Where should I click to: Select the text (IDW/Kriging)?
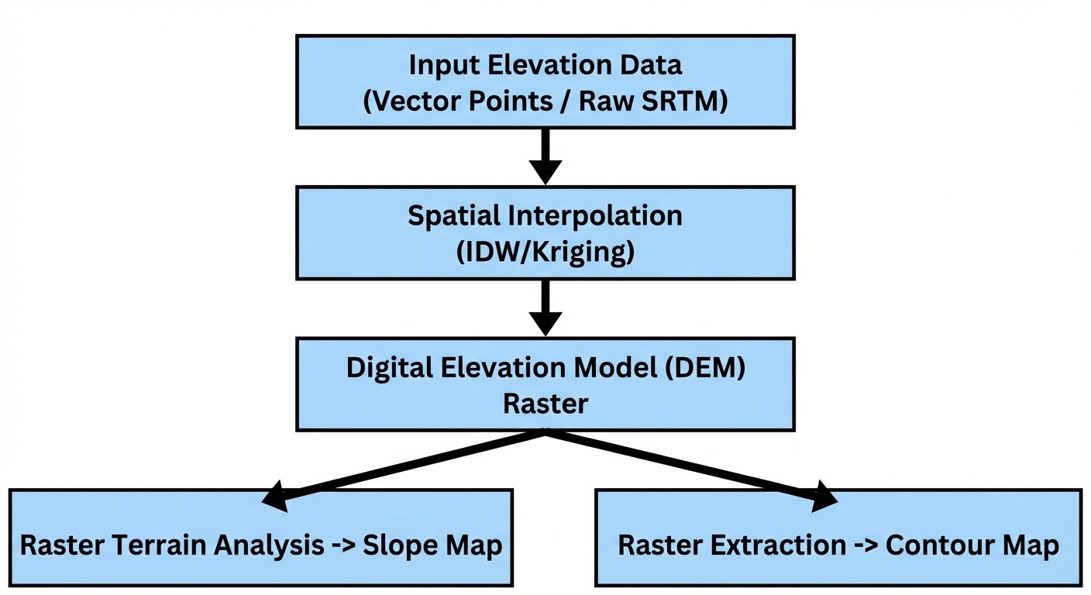pos(545,252)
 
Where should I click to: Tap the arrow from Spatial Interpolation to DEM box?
pos(545,308)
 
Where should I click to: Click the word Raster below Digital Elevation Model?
pos(545,403)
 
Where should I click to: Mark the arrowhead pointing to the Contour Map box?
pos(824,497)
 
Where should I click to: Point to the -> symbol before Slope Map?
pos(340,545)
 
